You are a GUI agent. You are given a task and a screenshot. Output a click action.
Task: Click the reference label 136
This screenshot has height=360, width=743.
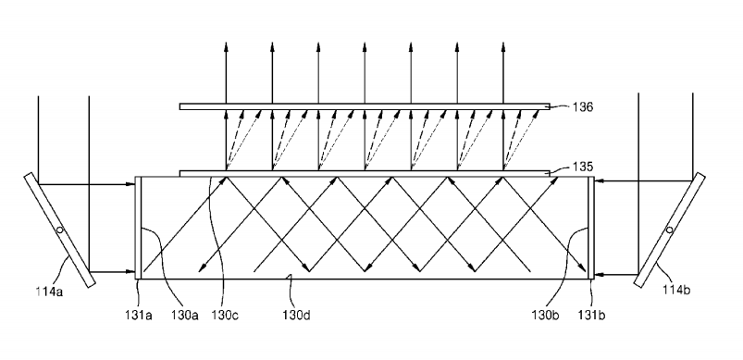click(582, 107)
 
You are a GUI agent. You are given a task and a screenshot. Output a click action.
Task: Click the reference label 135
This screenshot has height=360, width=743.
click(582, 167)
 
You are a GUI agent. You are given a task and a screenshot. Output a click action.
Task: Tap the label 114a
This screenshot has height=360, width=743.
click(49, 292)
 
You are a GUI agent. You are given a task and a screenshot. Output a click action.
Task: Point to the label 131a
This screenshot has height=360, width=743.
click(139, 315)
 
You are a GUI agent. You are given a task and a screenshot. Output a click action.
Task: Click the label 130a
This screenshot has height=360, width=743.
click(184, 315)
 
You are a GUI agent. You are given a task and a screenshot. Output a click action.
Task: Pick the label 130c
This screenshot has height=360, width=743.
click(225, 315)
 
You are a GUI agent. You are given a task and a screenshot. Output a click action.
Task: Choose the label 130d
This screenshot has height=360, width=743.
click(297, 315)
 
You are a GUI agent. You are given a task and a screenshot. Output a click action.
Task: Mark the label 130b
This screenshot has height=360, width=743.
click(545, 315)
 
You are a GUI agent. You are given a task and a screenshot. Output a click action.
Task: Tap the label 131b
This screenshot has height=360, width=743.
click(591, 315)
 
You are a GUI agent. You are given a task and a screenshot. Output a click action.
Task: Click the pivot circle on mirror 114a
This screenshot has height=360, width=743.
click(60, 230)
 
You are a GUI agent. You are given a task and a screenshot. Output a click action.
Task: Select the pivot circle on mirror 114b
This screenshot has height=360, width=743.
click(669, 230)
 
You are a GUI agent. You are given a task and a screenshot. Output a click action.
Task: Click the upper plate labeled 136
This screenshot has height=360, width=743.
click(365, 106)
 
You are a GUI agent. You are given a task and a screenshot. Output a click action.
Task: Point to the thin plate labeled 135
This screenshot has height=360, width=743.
click(365, 173)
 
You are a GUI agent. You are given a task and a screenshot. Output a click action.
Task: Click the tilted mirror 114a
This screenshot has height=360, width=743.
click(60, 230)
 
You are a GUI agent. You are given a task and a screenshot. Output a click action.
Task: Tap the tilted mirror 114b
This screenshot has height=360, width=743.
click(669, 230)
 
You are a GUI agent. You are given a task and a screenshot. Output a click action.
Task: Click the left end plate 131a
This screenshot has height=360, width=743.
click(139, 228)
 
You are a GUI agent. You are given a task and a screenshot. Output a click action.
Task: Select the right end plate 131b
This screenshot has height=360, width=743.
click(591, 228)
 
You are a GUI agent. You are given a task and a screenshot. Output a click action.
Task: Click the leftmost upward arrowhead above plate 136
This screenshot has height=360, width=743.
click(226, 46)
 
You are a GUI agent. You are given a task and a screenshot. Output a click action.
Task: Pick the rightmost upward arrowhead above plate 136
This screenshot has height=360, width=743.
click(503, 46)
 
